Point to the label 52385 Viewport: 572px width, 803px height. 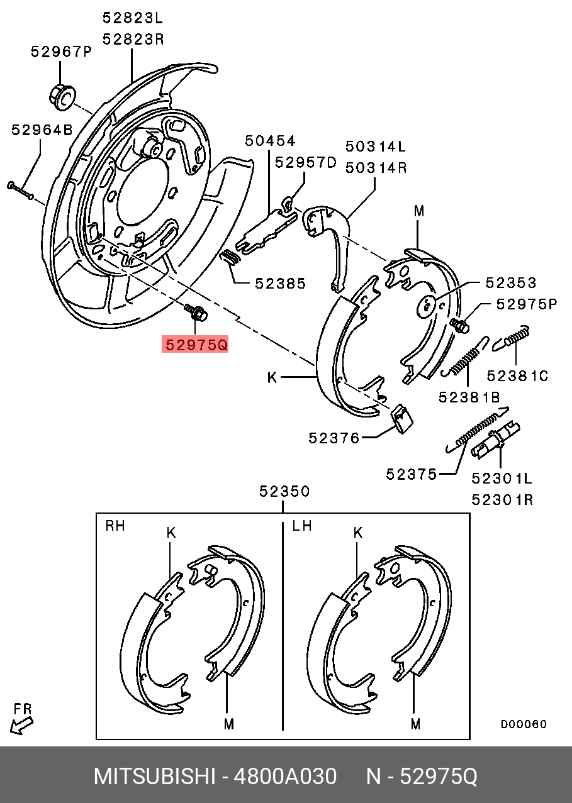point(280,284)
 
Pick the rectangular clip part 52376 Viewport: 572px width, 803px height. point(401,418)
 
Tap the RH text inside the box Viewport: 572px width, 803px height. point(115,526)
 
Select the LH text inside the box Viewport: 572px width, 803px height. point(302,526)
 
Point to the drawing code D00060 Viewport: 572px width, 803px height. point(524,724)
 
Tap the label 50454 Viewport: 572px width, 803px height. point(270,141)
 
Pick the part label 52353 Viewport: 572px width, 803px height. point(510,283)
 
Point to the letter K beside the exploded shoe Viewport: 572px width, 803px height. point(272,377)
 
